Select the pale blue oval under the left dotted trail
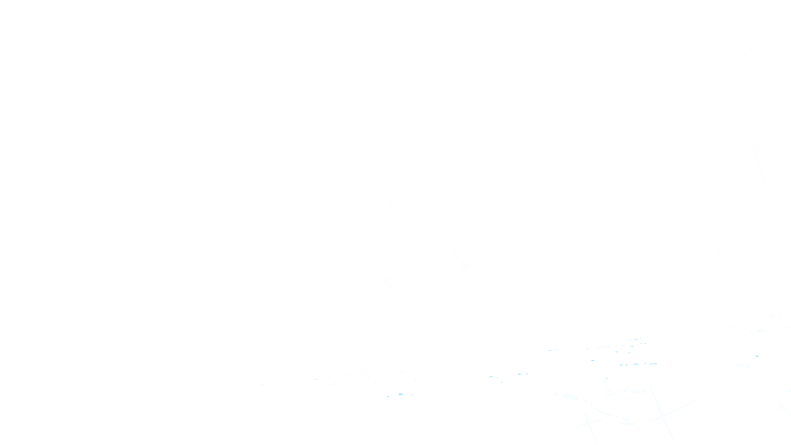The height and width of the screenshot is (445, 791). pos(400,394)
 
